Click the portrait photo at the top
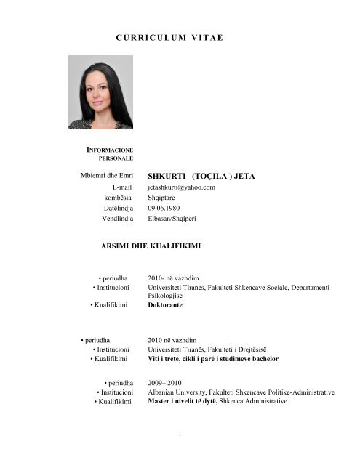(100, 92)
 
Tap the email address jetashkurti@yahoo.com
(181, 187)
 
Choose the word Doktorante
(165, 305)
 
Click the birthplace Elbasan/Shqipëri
(172, 219)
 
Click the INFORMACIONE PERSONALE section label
(110, 153)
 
